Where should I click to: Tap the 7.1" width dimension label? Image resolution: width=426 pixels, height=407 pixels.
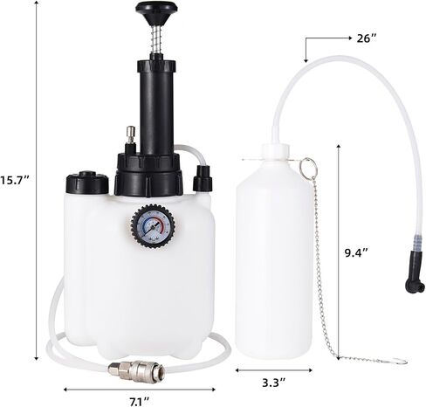(140, 402)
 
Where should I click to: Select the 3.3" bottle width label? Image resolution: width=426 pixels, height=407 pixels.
(273, 382)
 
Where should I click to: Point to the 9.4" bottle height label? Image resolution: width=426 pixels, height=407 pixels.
(357, 252)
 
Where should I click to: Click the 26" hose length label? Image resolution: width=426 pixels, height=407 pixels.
(367, 38)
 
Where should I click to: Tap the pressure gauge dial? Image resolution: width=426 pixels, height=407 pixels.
(154, 226)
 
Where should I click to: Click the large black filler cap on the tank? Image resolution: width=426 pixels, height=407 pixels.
(87, 183)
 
